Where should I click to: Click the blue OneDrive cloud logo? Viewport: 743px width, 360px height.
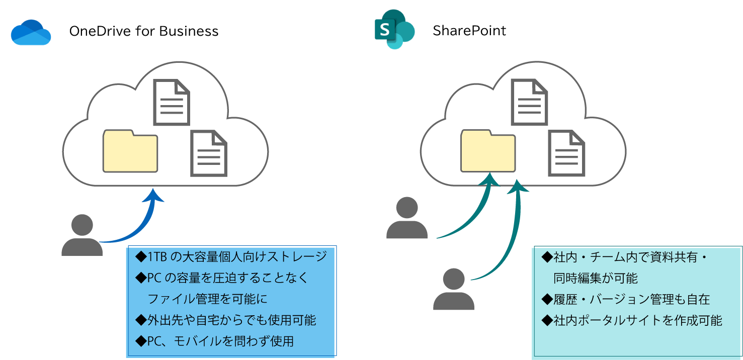[x=31, y=33]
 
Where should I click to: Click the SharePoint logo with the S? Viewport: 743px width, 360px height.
[x=394, y=30]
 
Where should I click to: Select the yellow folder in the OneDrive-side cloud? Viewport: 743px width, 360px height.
[x=130, y=151]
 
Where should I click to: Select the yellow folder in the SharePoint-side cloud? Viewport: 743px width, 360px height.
[x=488, y=151]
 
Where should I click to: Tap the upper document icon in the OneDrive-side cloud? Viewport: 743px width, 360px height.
[x=172, y=102]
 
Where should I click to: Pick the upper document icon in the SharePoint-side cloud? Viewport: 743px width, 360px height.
[x=529, y=102]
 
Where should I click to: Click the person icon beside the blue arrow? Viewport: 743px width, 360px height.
[x=82, y=235]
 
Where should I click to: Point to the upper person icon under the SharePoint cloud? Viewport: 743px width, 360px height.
[x=406, y=218]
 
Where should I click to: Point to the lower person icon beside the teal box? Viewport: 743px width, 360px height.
[x=454, y=289]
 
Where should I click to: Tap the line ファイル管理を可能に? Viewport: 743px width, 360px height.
[x=207, y=299]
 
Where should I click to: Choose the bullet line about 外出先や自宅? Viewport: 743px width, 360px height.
[x=226, y=320]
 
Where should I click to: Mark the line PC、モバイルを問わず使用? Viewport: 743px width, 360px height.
[x=215, y=341]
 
